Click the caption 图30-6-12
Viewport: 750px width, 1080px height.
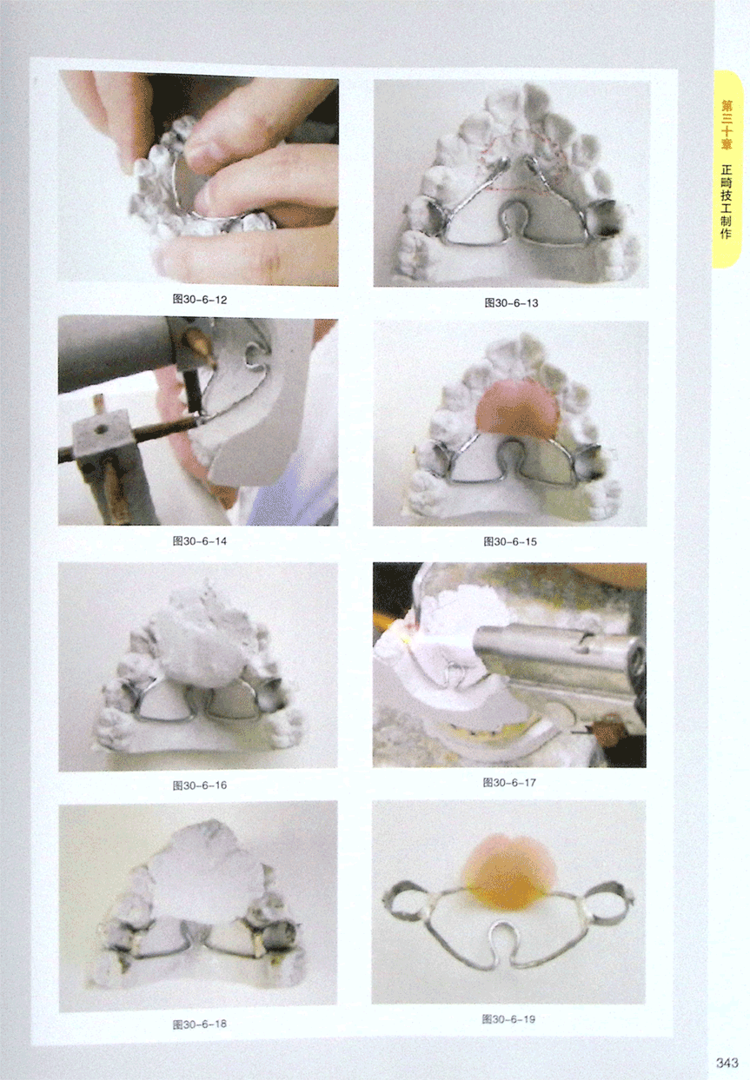[199, 300]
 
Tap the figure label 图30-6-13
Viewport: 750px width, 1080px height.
[511, 302]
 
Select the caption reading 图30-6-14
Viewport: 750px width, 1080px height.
[199, 541]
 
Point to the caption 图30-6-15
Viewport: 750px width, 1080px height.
[510, 541]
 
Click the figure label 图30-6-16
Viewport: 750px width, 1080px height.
[199, 785]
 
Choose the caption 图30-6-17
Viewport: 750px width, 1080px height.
[509, 783]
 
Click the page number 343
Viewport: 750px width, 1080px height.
[727, 1062]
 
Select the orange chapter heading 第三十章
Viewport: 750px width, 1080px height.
[727, 124]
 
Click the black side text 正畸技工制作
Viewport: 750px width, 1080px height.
[727, 202]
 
